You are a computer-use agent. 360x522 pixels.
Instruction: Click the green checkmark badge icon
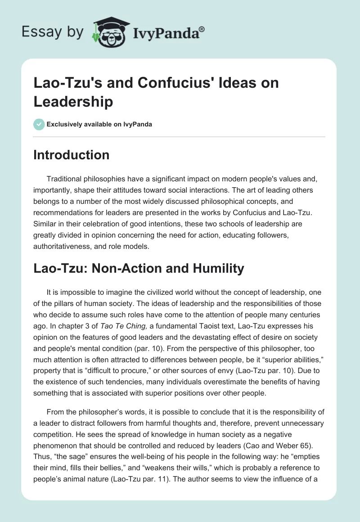39,124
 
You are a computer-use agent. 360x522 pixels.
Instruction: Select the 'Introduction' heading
71,155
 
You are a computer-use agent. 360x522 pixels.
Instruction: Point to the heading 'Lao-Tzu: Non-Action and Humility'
139,269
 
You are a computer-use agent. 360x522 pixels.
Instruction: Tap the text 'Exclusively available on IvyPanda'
99,124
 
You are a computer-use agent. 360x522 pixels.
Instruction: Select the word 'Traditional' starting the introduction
67,179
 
